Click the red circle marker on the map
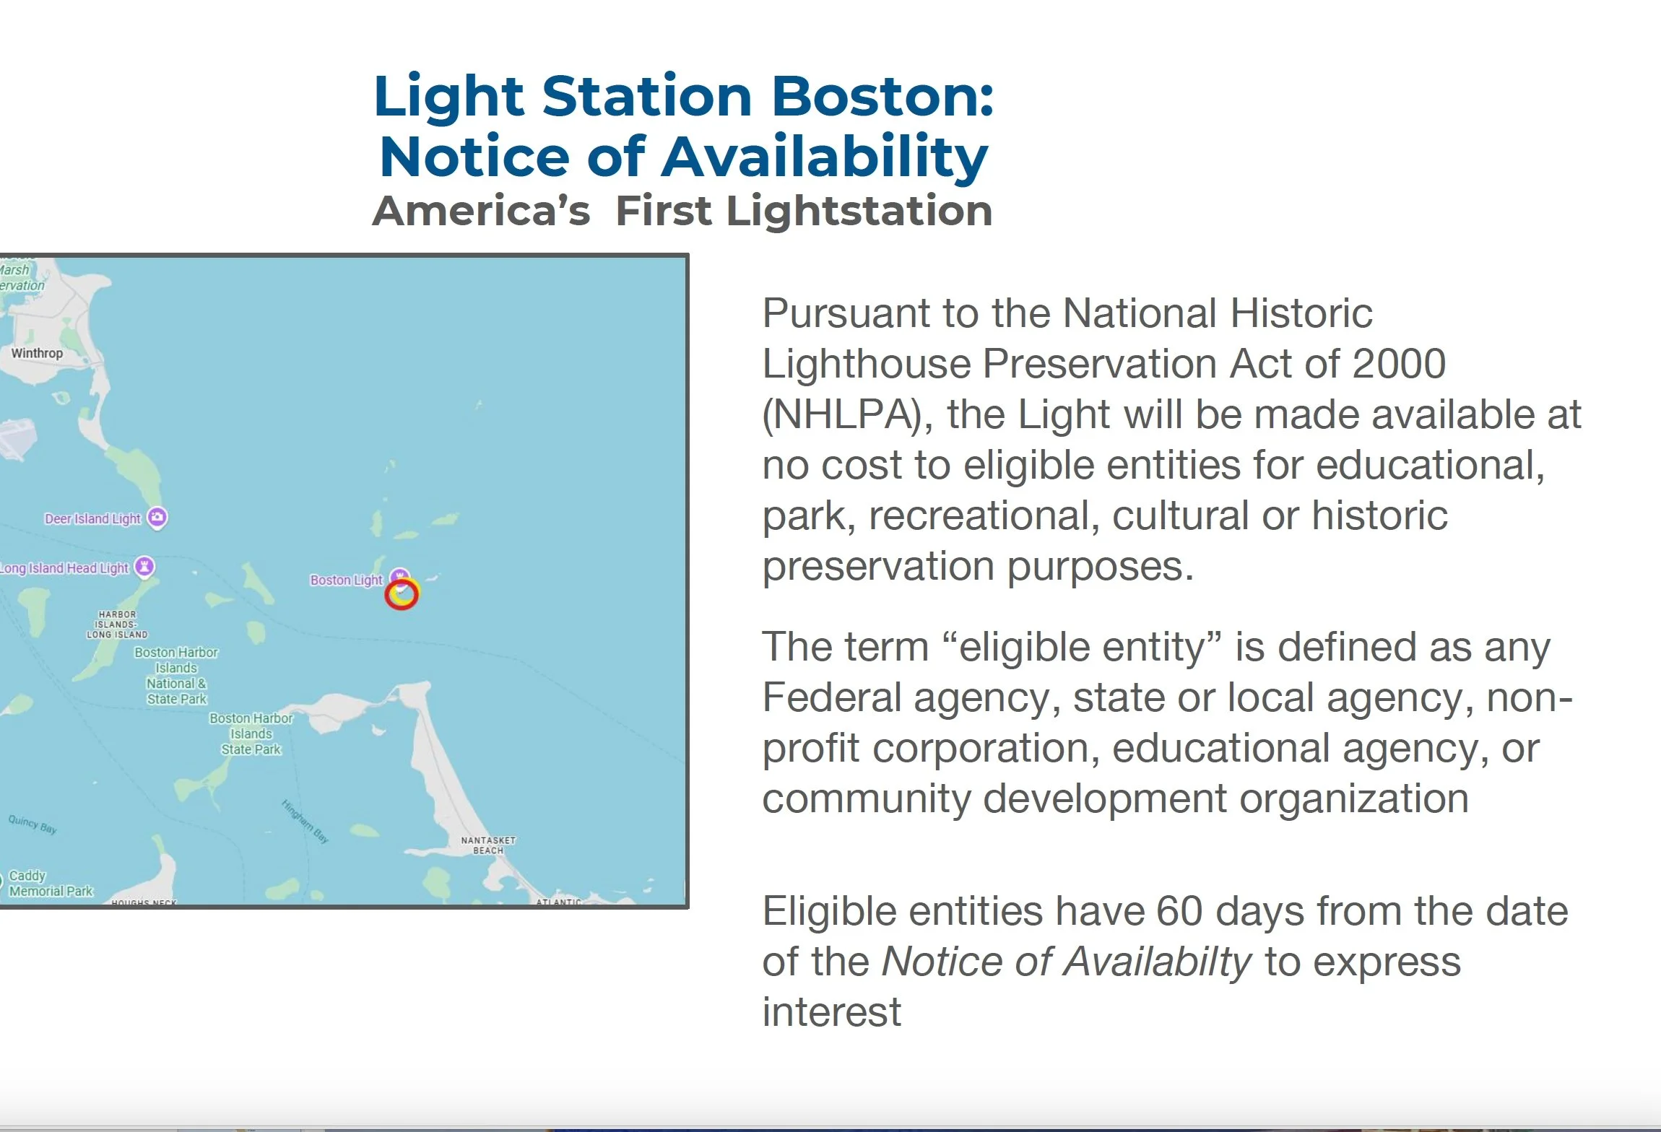(402, 594)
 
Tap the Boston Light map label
(346, 580)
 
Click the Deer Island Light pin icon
(157, 518)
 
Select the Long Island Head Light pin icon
(145, 567)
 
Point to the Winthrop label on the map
(37, 353)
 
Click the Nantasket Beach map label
(488, 845)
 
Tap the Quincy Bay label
(32, 824)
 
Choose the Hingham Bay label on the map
(305, 822)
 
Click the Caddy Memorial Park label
(51, 884)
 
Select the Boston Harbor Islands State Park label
(251, 734)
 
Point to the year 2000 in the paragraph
(1399, 364)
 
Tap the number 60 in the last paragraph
(1179, 912)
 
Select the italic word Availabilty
(1066, 962)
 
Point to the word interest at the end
(832, 1012)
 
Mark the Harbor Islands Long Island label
(117, 624)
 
